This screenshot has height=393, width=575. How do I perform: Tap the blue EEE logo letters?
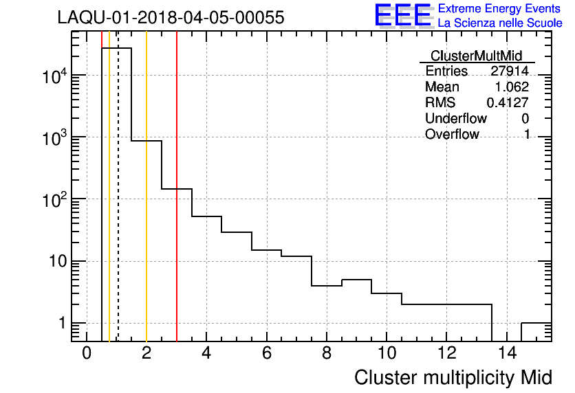tap(403, 16)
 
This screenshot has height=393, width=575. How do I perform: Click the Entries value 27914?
tap(510, 71)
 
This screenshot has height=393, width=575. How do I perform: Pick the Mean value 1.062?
tap(512, 87)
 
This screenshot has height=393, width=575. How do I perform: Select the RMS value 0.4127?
tap(508, 102)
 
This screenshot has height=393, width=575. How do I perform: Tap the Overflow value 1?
tap(527, 134)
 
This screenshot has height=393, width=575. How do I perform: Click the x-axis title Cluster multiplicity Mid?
tap(453, 377)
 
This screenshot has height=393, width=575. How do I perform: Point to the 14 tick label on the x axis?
tap(506, 354)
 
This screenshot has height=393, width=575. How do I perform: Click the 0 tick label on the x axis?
tap(87, 354)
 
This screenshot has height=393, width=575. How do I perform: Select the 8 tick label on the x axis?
tap(326, 354)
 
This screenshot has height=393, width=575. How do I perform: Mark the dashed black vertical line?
tap(118, 206)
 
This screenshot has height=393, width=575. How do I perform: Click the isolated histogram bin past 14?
tap(536, 323)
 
